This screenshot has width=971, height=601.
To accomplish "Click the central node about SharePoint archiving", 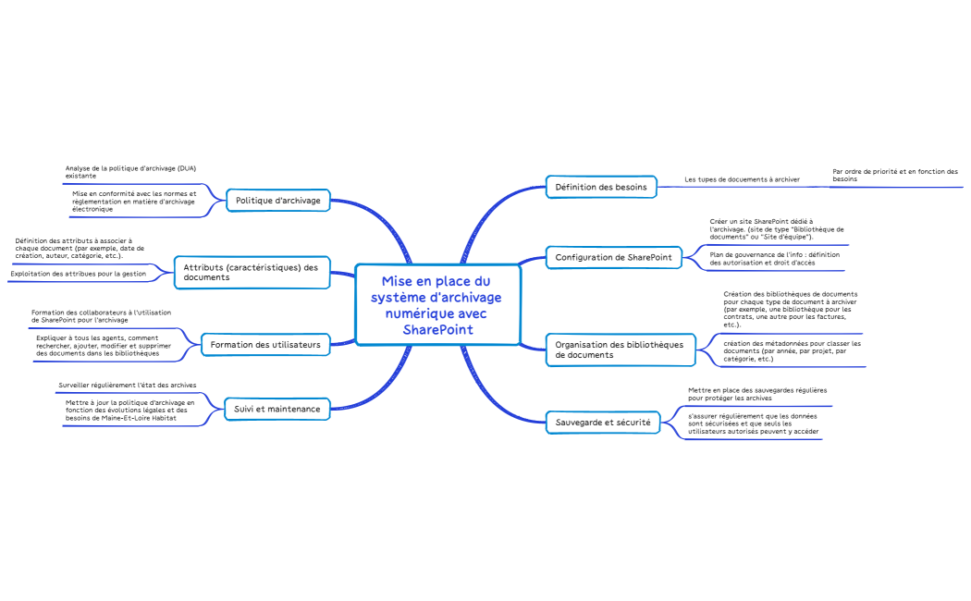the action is [437, 304].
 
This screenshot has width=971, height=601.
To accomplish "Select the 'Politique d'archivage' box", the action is [278, 201].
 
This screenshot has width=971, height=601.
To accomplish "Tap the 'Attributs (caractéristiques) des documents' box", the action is [252, 273].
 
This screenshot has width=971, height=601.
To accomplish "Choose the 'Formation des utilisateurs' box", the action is [265, 345].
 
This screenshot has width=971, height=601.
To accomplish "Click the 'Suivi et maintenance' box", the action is [277, 409].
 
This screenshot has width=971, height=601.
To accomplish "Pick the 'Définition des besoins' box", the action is [601, 187].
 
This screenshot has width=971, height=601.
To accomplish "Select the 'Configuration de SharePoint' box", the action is [614, 257].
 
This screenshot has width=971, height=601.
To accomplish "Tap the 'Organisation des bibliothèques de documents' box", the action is [621, 350].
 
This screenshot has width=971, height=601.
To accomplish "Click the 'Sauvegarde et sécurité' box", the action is [603, 423].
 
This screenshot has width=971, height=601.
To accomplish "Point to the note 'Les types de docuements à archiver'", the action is [742, 179].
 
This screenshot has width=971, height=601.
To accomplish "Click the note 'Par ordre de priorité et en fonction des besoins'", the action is [895, 175].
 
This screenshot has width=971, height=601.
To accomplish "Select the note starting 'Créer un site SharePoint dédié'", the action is [777, 229].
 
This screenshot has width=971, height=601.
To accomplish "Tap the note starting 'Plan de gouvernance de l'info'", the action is [775, 259].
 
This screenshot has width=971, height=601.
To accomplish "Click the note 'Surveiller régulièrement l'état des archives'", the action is [127, 385].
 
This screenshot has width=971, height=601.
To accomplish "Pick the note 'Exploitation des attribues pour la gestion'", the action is [78, 274].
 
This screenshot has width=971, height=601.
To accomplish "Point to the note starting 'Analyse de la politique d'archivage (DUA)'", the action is [130, 172].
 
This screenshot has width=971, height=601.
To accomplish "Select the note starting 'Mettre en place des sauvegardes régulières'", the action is [757, 394].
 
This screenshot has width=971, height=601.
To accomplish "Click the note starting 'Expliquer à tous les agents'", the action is [104, 346].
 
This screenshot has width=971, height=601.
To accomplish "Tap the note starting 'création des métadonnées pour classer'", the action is [792, 351].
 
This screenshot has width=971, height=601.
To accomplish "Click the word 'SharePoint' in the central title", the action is [437, 330].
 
